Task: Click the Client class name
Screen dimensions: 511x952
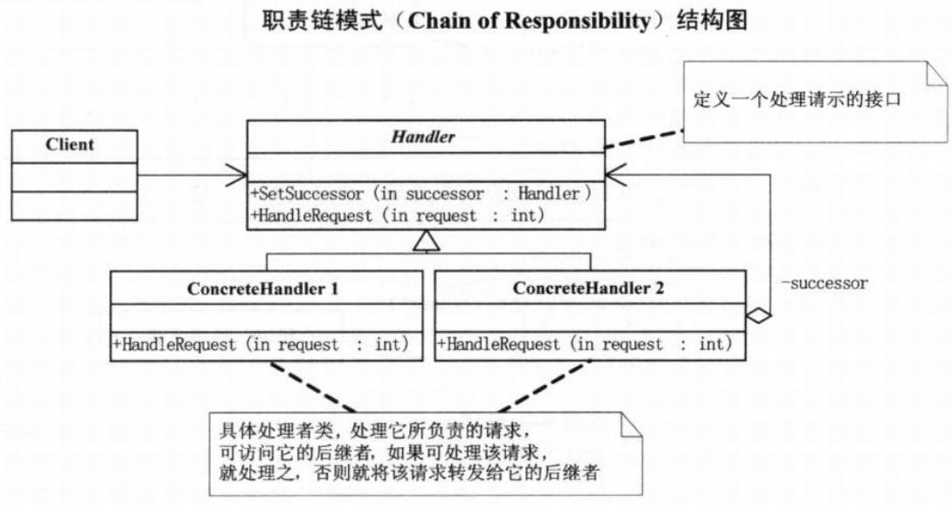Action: pos(69,144)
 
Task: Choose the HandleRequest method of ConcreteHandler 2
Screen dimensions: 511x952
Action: pos(585,345)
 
